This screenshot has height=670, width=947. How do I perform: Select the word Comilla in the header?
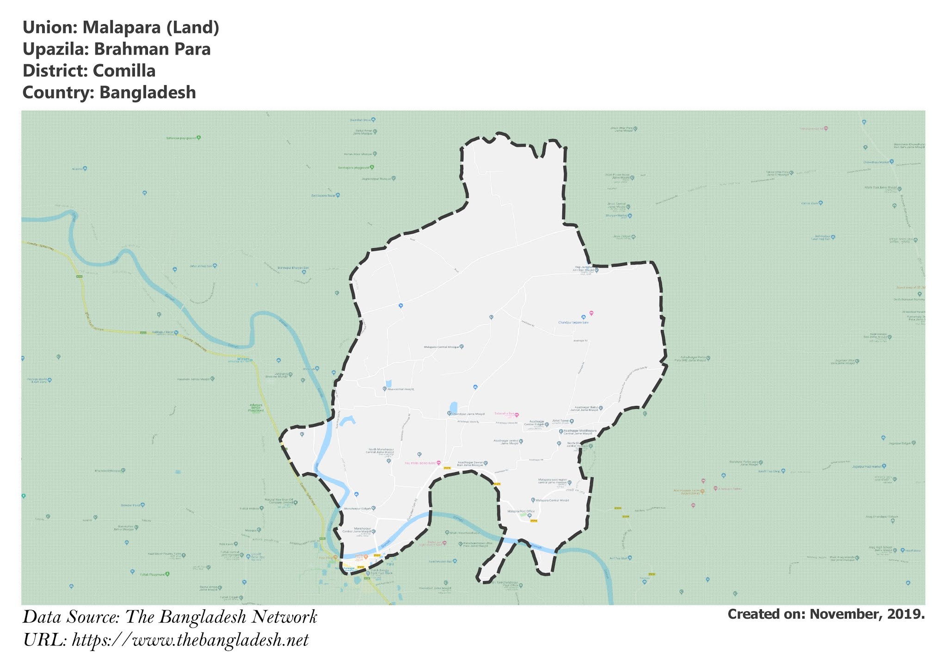[x=124, y=71]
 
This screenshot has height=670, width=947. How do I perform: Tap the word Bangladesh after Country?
[x=148, y=93]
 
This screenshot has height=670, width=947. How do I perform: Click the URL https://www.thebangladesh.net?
[x=190, y=641]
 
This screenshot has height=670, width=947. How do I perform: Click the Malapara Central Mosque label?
[x=442, y=347]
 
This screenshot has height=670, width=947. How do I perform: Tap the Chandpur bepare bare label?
[x=573, y=323]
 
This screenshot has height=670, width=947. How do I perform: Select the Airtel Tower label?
[x=560, y=421]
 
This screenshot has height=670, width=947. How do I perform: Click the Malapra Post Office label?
[x=521, y=511]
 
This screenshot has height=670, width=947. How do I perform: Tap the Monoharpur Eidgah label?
[x=357, y=509]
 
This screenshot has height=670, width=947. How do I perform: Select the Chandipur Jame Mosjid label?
[x=468, y=413]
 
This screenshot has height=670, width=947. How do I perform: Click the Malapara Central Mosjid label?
[x=552, y=500]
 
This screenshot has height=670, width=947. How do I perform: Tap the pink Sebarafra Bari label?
[x=504, y=413]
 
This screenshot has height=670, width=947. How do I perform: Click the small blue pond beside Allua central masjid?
[x=388, y=383]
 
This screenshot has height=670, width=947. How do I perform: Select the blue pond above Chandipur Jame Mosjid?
[x=454, y=406]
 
